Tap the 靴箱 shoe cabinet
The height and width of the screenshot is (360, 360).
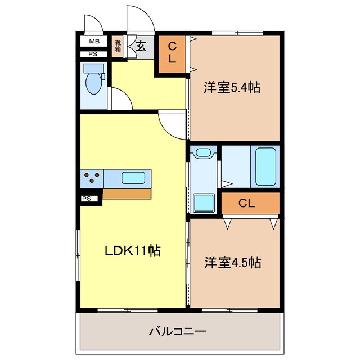(x=118, y=45)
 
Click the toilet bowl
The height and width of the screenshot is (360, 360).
(x=93, y=82)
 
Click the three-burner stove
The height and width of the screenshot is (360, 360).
(x=92, y=178)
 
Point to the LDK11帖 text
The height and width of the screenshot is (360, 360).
(x=133, y=250)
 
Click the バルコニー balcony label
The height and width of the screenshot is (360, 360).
(x=178, y=331)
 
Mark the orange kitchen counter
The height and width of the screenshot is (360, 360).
(x=127, y=193)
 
